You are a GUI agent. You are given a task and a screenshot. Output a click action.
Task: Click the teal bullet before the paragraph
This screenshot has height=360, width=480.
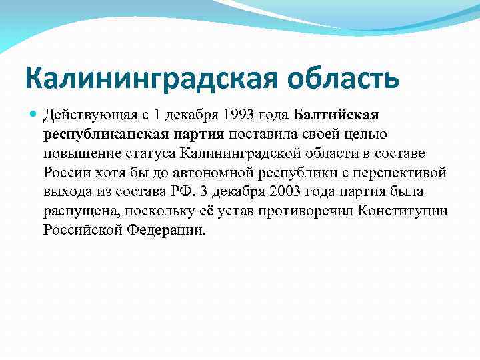[33, 114]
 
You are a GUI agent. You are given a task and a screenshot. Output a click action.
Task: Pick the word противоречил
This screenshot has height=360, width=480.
[306, 211]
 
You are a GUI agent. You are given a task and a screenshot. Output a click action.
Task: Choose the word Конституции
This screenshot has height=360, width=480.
[403, 211]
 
